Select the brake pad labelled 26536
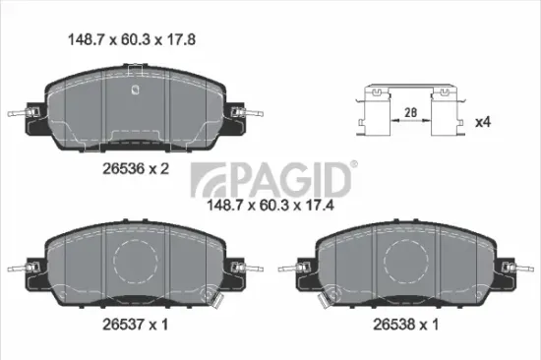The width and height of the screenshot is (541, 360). [135, 107]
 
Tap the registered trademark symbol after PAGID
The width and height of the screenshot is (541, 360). [355, 165]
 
